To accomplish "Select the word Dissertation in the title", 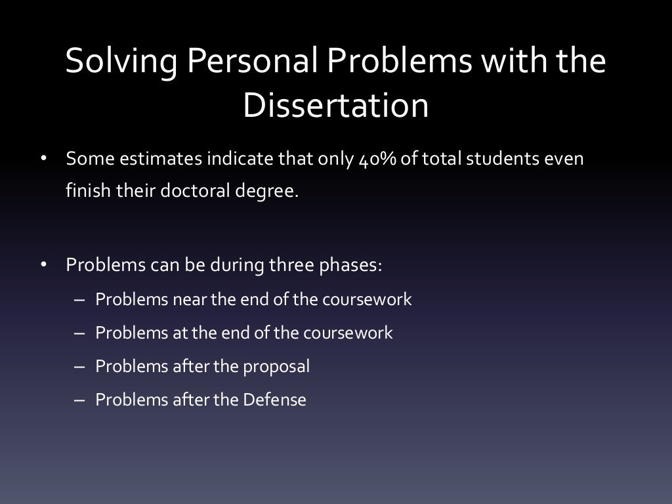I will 335,106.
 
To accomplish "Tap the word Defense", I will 274,399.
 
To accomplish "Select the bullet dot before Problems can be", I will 43,266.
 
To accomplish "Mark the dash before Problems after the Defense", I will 80,400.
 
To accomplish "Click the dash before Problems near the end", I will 80,300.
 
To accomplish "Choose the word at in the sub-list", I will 180,333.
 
